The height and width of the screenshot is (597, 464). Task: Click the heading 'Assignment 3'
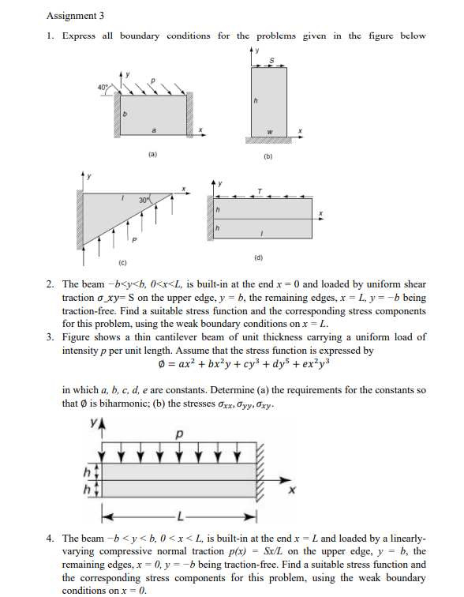(75, 15)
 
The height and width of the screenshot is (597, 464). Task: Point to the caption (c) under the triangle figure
(122, 260)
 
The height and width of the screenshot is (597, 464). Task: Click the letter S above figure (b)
(273, 61)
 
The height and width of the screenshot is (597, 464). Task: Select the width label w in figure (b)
(268, 130)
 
